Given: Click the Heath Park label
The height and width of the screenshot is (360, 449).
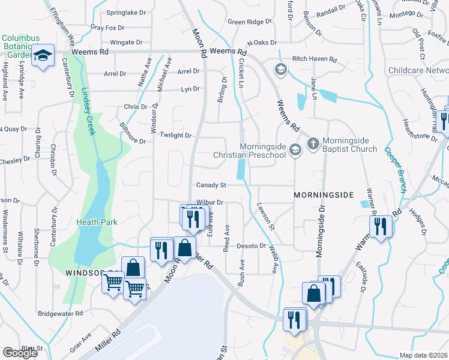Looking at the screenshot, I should click(97, 222).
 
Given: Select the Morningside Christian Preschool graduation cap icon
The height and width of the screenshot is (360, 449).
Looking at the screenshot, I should click(294, 150).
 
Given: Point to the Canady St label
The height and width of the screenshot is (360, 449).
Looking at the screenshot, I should click(209, 185).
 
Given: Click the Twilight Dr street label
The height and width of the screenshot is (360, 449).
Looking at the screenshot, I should click(175, 136).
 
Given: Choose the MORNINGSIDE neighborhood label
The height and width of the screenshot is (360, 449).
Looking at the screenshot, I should click(324, 196).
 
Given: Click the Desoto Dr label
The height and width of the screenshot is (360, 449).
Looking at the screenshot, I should click(251, 246).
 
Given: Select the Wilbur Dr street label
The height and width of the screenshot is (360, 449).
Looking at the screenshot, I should click(209, 203).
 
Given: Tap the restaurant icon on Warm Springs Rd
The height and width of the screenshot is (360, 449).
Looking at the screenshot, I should click(381, 226).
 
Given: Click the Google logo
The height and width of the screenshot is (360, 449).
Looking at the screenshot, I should click(20, 353).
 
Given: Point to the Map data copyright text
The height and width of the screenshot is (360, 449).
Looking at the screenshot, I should click(423, 355).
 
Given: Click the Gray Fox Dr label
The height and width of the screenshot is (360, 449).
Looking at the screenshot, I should click(107, 28).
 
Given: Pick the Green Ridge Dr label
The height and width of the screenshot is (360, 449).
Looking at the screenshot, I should click(250, 22).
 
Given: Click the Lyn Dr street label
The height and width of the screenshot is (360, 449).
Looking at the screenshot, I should click(190, 89).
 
